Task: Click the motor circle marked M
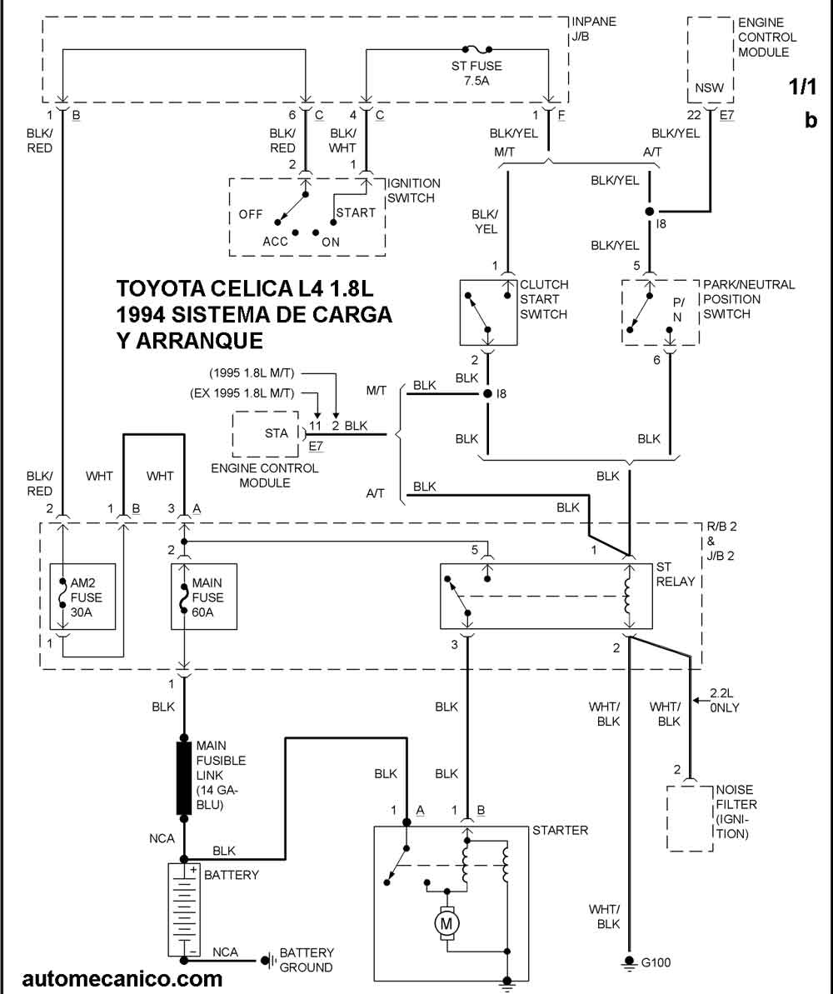click(x=446, y=923)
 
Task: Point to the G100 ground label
click(x=655, y=963)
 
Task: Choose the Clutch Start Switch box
click(x=489, y=312)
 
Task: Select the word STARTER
click(x=560, y=830)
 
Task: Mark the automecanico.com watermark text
click(x=122, y=979)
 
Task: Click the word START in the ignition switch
click(x=356, y=212)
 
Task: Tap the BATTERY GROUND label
click(x=306, y=960)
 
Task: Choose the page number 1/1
click(x=803, y=87)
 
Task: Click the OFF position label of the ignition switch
click(x=251, y=214)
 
